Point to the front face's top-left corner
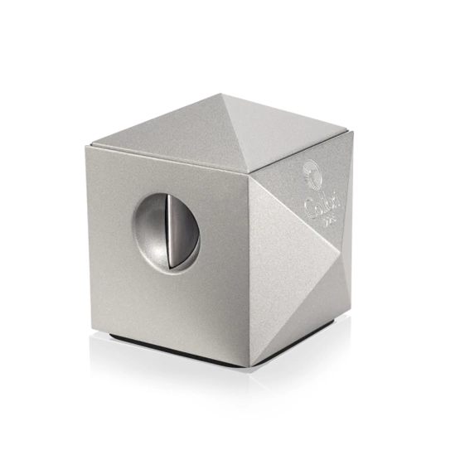86,146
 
